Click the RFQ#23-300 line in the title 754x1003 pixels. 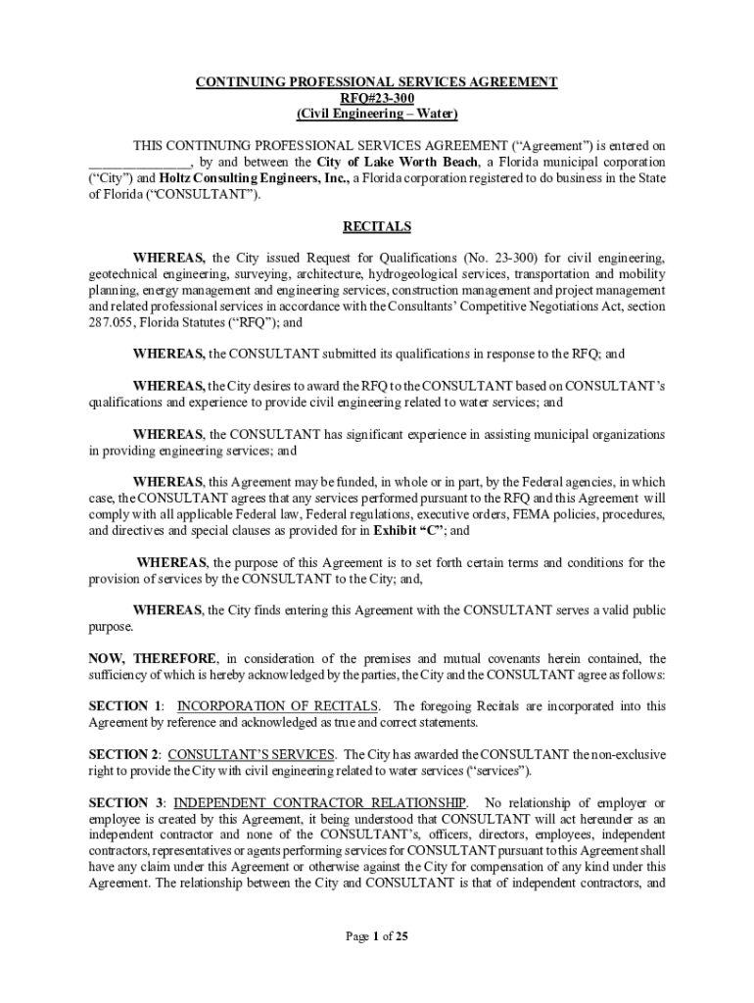point(376,98)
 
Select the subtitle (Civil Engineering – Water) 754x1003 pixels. point(376,114)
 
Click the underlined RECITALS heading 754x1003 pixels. point(376,226)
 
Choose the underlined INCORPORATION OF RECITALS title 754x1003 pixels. point(278,706)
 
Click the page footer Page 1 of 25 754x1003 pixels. point(376,936)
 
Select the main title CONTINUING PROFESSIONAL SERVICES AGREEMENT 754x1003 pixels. point(376,82)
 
